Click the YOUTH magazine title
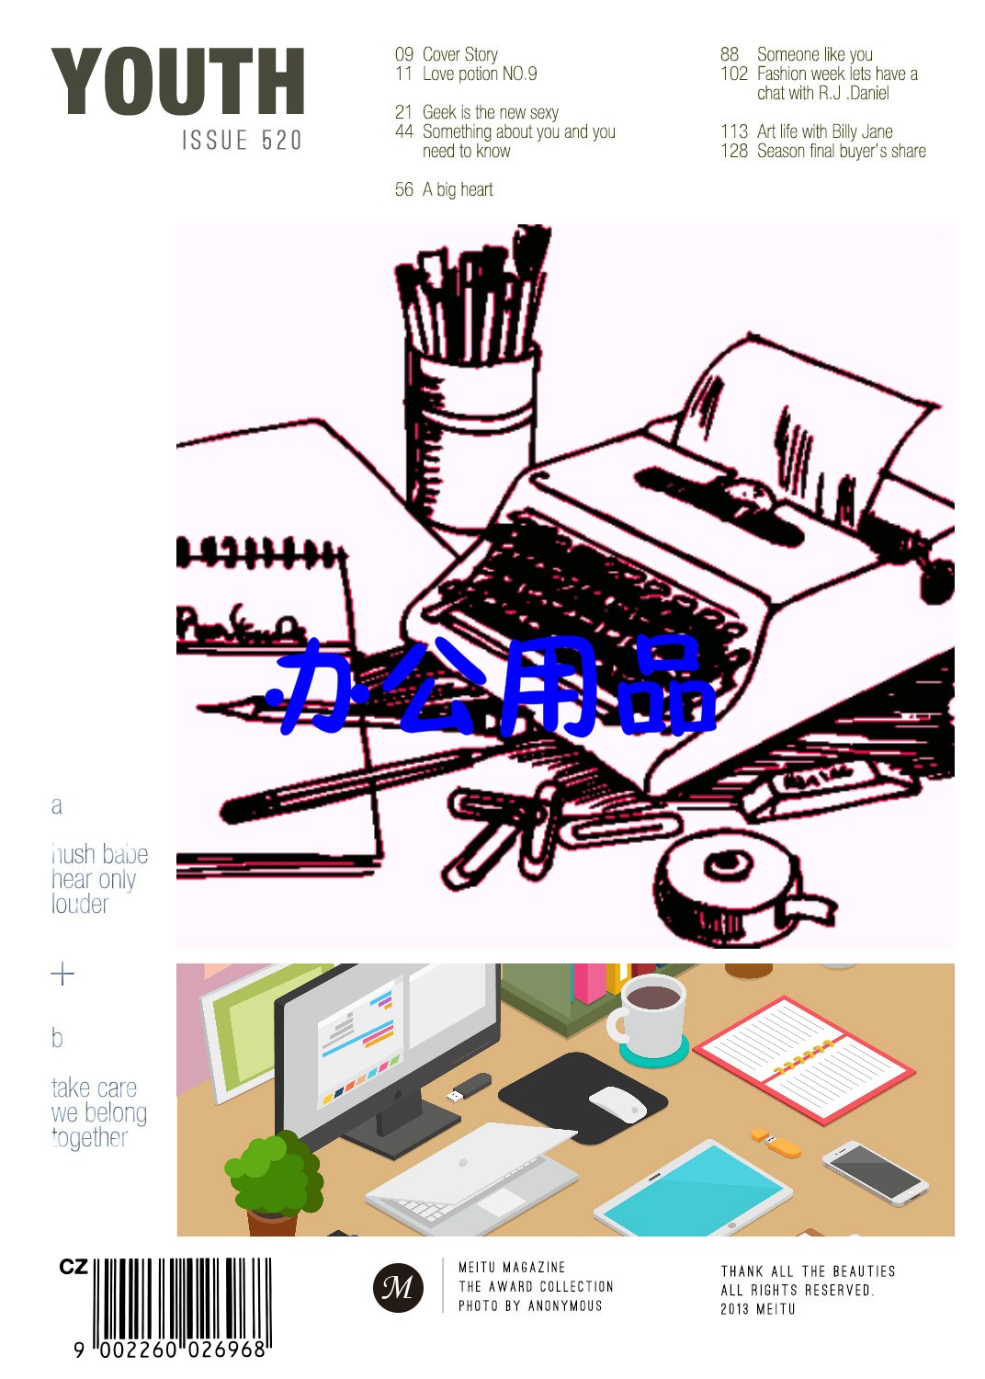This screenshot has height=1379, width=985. click(178, 81)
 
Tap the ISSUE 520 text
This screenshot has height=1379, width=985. click(242, 141)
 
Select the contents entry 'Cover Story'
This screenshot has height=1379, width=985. click(459, 54)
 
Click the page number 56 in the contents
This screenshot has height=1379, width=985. click(403, 189)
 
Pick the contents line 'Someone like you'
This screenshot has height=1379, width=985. click(815, 54)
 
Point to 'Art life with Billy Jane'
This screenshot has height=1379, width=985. click(824, 131)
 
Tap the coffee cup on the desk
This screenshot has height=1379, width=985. click(647, 1018)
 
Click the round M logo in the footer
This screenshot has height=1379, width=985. click(398, 1287)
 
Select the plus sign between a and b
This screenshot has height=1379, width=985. click(62, 974)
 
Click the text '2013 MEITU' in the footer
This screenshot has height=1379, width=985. click(757, 1309)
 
